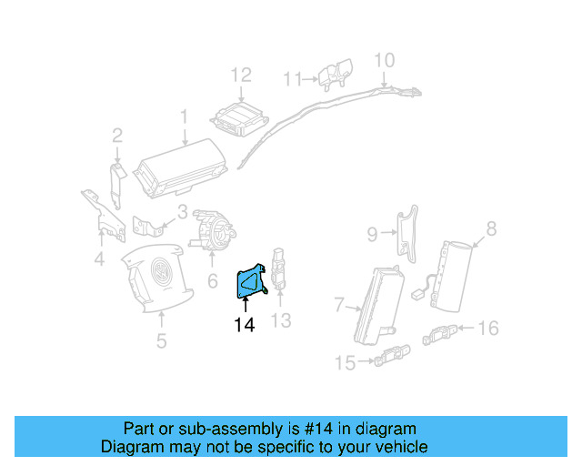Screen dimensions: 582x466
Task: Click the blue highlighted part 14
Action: coord(248,283)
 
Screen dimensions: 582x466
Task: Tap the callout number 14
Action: coord(245,324)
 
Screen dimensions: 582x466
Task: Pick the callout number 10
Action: coord(385,60)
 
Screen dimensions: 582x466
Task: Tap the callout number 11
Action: coord(292,79)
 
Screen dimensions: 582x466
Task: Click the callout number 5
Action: coord(161,342)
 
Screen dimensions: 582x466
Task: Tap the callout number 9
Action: coord(372,236)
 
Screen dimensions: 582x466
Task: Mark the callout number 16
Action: coord(488,328)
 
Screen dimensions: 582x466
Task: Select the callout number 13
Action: coord(281,319)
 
